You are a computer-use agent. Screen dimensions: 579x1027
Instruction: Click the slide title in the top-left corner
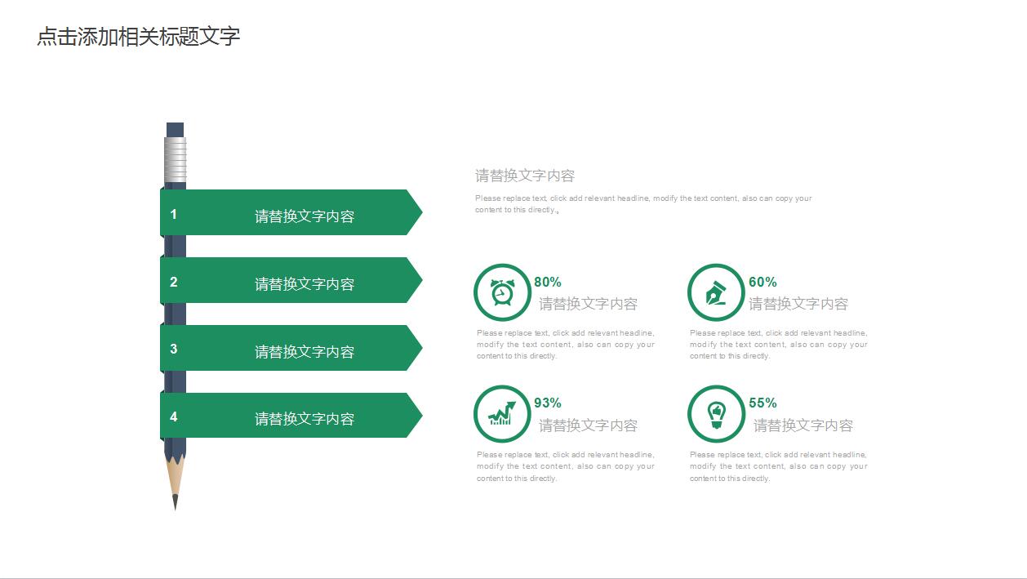click(139, 37)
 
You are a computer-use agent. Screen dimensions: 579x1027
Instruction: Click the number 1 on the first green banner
click(174, 214)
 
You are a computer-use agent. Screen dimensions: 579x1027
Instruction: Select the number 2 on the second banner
click(174, 282)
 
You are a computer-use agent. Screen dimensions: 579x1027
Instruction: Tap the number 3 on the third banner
click(174, 349)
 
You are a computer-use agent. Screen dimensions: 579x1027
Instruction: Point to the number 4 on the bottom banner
click(174, 416)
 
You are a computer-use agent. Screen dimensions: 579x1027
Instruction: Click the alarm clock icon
click(502, 292)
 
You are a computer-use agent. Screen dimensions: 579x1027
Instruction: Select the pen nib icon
click(716, 292)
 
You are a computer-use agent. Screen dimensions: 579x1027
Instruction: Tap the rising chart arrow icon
click(502, 413)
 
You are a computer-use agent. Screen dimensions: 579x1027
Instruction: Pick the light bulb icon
click(716, 414)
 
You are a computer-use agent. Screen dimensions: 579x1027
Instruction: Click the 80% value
click(548, 282)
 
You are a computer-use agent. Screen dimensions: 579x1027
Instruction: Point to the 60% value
click(762, 282)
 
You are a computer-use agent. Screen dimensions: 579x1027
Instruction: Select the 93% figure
click(548, 403)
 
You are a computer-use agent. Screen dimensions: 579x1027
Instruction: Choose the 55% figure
click(762, 403)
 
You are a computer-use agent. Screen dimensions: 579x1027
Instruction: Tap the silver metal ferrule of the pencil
click(175, 158)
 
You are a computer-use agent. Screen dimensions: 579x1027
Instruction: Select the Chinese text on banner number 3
click(305, 352)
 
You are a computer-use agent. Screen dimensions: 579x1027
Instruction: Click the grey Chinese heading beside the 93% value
click(588, 425)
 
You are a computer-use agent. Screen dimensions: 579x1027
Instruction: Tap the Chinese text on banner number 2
click(305, 284)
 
